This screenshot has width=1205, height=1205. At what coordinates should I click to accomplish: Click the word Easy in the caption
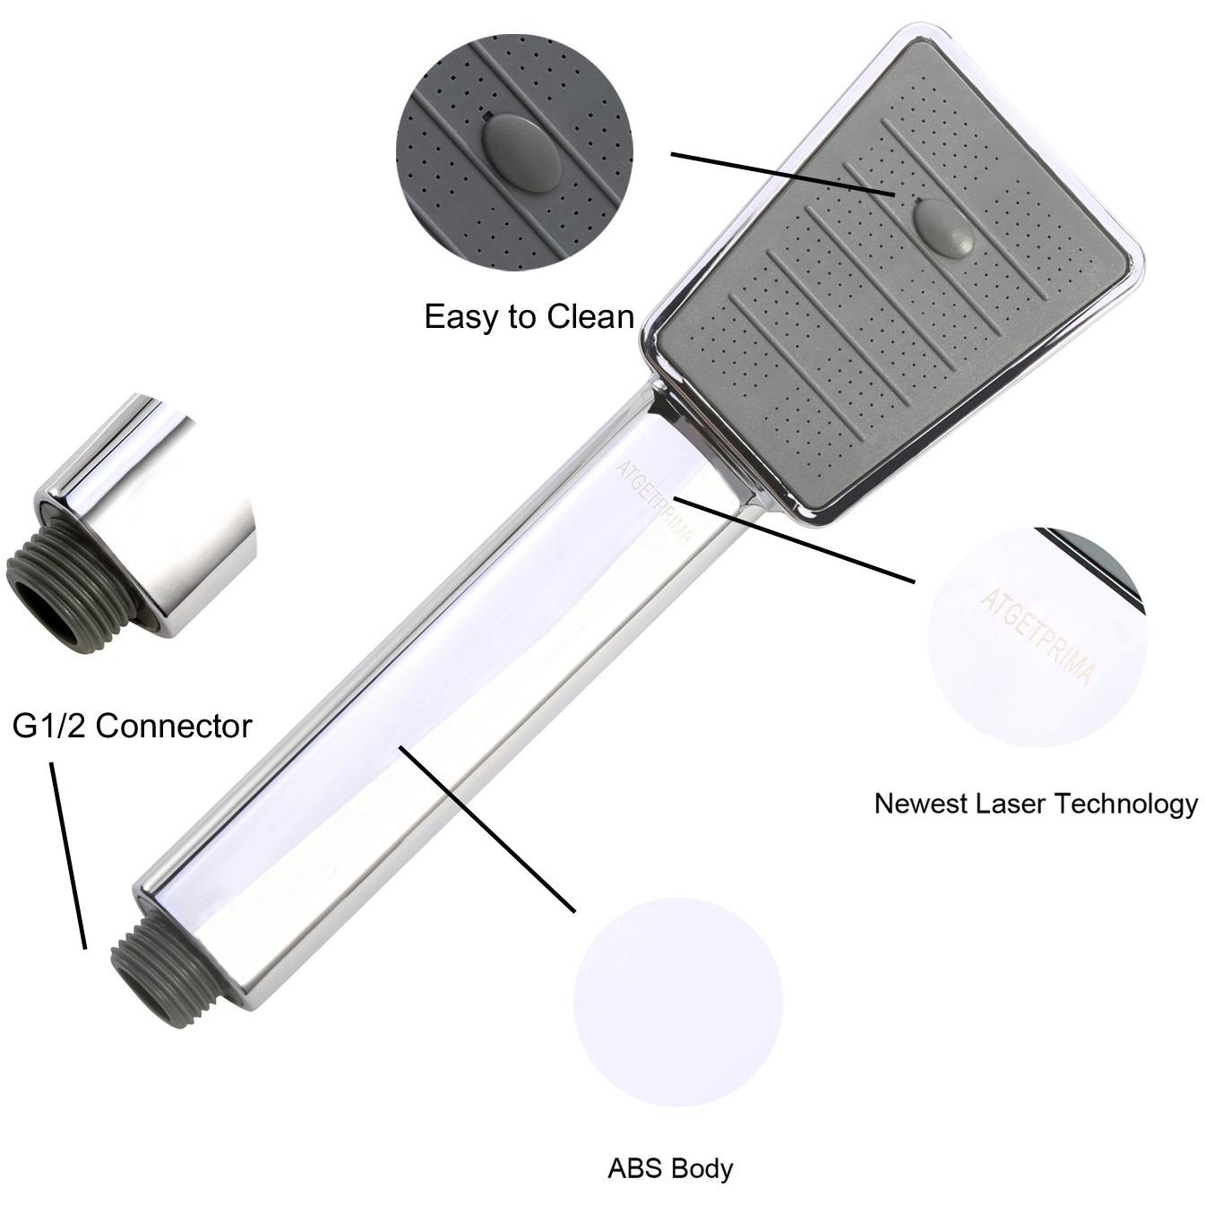(x=461, y=317)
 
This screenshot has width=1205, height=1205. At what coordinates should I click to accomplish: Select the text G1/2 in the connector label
(x=48, y=726)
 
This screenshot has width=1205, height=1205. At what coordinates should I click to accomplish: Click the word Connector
(x=174, y=726)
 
